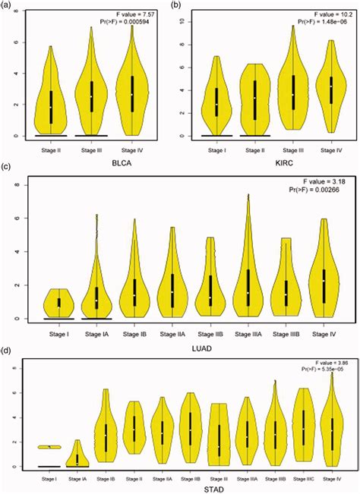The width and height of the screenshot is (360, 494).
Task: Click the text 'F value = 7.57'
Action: click(x=141, y=13)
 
